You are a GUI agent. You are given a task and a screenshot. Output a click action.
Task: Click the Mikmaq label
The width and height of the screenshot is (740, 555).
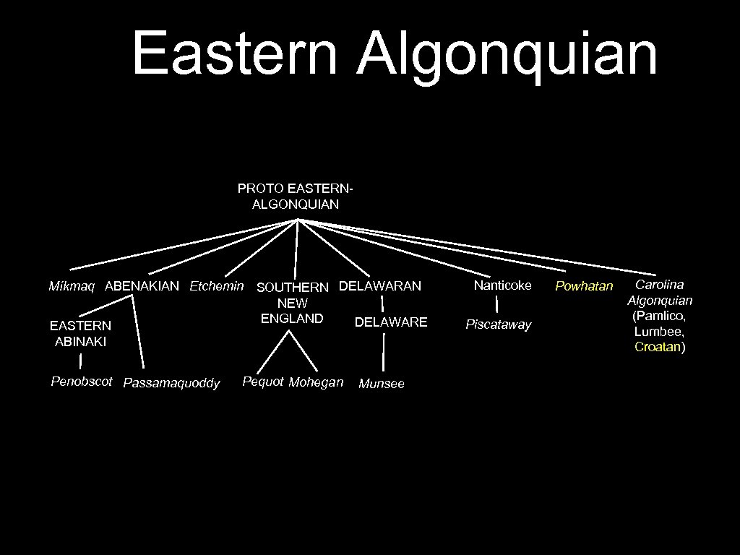tap(72, 286)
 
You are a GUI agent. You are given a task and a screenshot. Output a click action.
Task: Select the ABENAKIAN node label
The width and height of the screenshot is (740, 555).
tap(142, 286)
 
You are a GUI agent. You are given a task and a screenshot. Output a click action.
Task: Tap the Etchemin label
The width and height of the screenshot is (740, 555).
tap(216, 286)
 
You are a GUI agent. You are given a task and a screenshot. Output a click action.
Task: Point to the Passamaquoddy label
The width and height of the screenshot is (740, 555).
tap(171, 383)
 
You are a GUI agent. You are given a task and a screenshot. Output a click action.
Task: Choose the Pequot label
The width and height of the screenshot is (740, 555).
tap(262, 381)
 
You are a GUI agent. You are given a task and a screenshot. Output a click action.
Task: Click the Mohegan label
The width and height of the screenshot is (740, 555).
tap(316, 382)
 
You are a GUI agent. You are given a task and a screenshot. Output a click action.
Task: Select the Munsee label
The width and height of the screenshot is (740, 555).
tap(382, 384)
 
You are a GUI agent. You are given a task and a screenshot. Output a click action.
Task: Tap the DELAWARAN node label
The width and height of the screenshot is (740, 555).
tap(379, 286)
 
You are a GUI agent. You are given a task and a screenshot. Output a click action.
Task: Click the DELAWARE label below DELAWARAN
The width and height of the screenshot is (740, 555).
tap(391, 322)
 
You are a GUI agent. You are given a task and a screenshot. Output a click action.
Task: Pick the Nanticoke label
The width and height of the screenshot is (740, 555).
tap(502, 285)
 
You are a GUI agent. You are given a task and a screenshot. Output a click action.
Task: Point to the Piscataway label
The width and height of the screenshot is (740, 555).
tap(498, 324)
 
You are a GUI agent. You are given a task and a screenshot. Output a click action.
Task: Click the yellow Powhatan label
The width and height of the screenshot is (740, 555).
tap(583, 286)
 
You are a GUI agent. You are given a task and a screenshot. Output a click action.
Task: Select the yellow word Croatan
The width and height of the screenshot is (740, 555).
tap(657, 347)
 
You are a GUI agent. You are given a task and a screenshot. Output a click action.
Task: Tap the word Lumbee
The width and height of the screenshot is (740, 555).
tap(658, 331)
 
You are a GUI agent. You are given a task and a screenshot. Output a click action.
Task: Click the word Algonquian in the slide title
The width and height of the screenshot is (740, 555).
tap(507, 53)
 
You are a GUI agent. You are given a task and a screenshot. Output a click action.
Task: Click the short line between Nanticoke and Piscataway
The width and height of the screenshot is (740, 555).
tap(497, 305)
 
